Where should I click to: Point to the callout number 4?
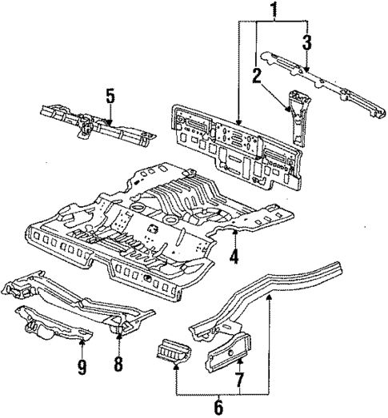(234, 257)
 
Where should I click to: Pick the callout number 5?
(110, 97)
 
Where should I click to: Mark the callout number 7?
(238, 376)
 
